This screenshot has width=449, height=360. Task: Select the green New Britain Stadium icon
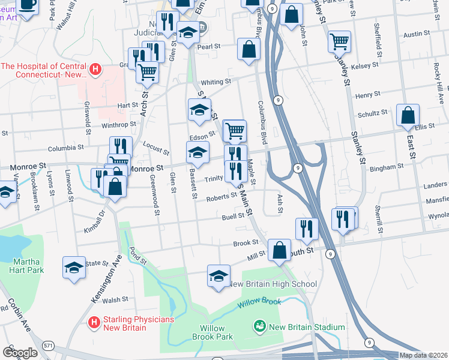tap(259, 326)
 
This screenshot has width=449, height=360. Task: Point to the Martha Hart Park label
tap(27, 266)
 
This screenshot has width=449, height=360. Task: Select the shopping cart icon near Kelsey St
tap(340, 41)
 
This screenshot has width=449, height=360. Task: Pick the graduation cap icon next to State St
tap(74, 268)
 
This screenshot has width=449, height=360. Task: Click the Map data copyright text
tap(424, 355)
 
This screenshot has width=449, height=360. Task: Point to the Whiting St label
tap(216, 82)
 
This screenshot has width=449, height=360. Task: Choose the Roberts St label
tap(221, 197)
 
